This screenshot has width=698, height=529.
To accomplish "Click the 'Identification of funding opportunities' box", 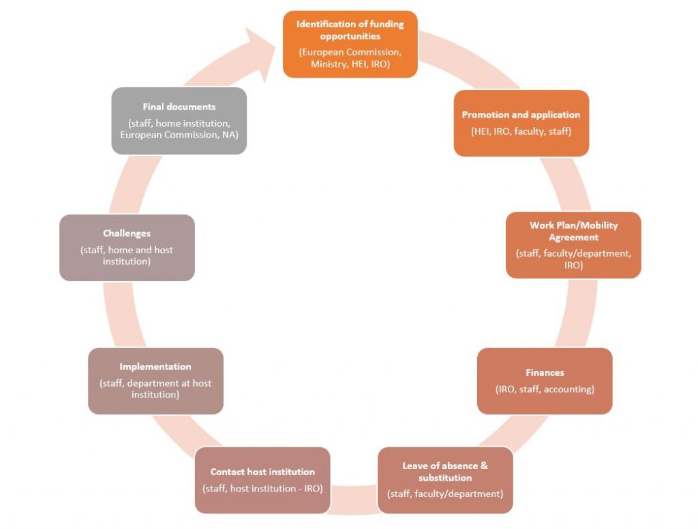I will tap(350, 44).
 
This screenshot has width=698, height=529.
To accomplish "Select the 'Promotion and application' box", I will tap(521, 123).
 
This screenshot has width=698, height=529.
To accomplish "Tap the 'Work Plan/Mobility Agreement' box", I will tap(573, 245).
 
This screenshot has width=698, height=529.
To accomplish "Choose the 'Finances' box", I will tap(545, 381).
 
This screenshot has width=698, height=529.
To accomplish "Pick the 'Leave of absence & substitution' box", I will tap(445, 480).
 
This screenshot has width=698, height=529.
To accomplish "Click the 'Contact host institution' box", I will tap(262, 480).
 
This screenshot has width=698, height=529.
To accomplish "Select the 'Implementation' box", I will tap(155, 381).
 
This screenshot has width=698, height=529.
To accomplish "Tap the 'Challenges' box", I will tap(127, 248).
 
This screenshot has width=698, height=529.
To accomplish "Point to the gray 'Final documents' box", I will tap(179, 121).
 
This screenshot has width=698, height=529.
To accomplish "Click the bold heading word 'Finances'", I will tap(545, 372).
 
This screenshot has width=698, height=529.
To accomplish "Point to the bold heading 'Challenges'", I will tap(127, 234).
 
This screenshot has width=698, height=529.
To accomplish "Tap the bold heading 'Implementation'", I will tap(155, 367).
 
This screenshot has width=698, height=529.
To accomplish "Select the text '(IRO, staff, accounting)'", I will tap(545, 389).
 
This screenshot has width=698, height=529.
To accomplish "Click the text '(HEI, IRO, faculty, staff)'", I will tap(521, 131).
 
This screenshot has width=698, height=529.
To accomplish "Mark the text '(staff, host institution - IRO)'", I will tap(262, 488).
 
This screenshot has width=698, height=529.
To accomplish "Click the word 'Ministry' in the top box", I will tap(329, 64).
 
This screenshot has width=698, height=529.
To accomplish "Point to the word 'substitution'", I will tap(445, 478).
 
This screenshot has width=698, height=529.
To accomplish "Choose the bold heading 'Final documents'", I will tap(179, 107).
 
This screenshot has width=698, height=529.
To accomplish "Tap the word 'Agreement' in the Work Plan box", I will tap(573, 238).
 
